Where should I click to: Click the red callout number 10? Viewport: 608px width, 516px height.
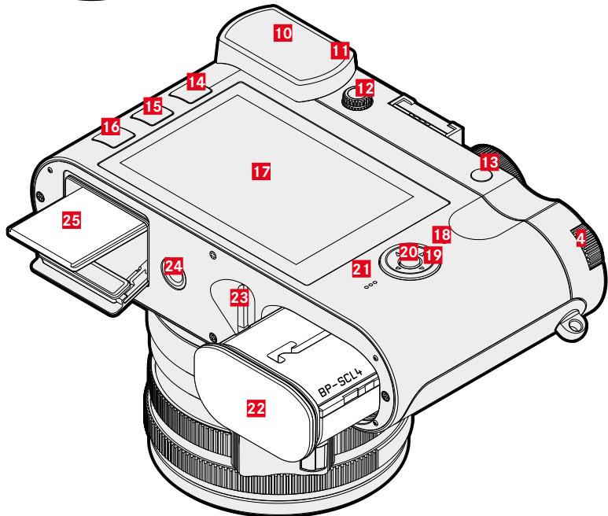click(x=283, y=32)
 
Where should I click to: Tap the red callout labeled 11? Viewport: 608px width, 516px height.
click(x=340, y=50)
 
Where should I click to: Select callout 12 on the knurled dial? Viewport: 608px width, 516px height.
click(x=365, y=88)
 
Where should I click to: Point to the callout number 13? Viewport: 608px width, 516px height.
click(x=489, y=162)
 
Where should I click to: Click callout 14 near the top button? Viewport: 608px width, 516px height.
click(x=196, y=82)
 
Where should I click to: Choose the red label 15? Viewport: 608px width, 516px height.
click(x=153, y=106)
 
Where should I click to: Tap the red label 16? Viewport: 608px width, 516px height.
click(x=111, y=127)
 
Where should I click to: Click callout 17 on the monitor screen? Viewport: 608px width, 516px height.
click(x=261, y=171)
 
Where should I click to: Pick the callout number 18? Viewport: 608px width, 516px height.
click(x=442, y=234)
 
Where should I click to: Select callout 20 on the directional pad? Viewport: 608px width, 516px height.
click(x=408, y=252)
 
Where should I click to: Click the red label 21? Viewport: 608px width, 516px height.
click(x=361, y=269)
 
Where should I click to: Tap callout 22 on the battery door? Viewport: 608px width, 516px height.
click(x=256, y=407)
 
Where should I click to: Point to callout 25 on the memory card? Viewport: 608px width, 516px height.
click(x=72, y=220)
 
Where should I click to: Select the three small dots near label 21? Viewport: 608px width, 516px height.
click(x=370, y=286)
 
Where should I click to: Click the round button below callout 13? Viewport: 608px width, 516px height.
click(x=482, y=176)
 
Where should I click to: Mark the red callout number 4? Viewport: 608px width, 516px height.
click(x=580, y=238)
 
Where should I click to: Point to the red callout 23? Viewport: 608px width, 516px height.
click(x=239, y=298)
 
